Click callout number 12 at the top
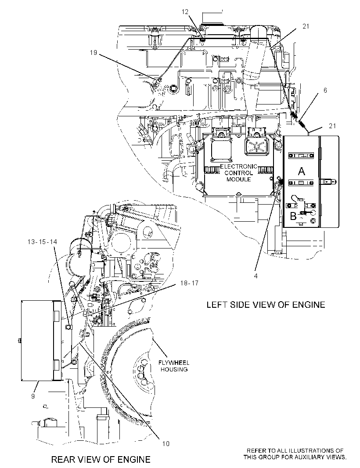[185, 12]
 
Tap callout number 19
[94, 53]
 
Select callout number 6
[325, 90]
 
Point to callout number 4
[256, 276]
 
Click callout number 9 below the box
[33, 396]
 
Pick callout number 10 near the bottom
[166, 444]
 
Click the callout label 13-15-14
[42, 242]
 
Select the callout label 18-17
[189, 283]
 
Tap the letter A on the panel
[302, 171]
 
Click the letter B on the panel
[293, 216]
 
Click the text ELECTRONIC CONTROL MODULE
[238, 173]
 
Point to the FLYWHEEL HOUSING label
[174, 366]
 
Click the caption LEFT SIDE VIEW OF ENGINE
[266, 304]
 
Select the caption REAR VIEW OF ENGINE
[101, 459]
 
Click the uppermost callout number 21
[306, 26]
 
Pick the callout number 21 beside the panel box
[332, 126]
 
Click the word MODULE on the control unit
[238, 180]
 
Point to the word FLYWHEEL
[174, 363]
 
